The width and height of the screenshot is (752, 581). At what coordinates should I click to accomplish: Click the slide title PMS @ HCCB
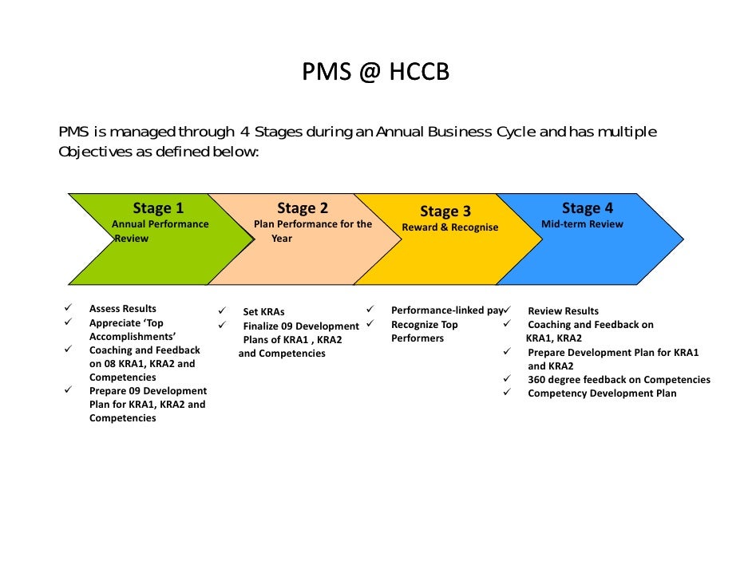[375, 73]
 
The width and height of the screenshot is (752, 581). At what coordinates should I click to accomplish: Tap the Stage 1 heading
[158, 208]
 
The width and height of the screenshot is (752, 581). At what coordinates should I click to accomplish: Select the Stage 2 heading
[303, 208]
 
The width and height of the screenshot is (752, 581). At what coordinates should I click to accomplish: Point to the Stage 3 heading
[445, 211]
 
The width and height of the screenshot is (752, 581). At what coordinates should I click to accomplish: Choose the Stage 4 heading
[588, 208]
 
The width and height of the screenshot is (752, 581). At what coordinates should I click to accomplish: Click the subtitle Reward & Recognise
[449, 227]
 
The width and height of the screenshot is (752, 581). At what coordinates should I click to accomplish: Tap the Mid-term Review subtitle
[582, 224]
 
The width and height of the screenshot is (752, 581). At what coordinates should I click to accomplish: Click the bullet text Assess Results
[123, 309]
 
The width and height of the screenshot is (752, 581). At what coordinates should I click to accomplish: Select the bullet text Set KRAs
[263, 312]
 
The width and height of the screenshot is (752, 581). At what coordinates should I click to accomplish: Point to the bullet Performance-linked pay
[445, 310]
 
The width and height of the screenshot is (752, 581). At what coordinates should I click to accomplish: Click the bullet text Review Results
[563, 311]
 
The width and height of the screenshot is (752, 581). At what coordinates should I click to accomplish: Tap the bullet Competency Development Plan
[602, 393]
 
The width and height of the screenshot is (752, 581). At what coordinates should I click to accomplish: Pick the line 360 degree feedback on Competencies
[619, 380]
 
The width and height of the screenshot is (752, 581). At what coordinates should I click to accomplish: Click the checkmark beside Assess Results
[69, 308]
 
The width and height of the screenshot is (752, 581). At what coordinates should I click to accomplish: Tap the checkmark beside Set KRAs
[223, 311]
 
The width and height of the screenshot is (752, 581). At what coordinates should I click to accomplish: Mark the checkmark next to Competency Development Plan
[506, 392]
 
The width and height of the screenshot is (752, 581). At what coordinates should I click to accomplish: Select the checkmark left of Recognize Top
[370, 323]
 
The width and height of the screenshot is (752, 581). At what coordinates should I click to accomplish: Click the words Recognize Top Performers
[425, 331]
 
